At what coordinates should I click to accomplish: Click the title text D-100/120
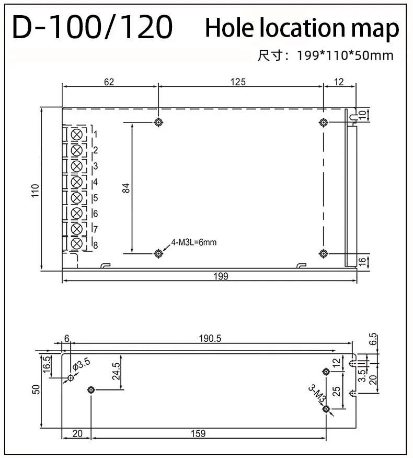pos(92,27)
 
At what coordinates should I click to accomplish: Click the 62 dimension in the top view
pos(109,82)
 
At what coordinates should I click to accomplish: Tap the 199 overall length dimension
pos(221,276)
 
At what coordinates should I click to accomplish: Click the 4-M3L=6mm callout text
pos(193,242)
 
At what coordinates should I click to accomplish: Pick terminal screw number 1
pos(76,134)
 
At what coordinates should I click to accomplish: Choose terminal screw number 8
pos(76,243)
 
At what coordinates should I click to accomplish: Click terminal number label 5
pos(95,198)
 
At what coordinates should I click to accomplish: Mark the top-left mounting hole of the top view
pos(158,122)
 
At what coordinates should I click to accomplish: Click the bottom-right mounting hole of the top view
pos(323,253)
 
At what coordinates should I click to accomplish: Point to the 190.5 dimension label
pos(210,339)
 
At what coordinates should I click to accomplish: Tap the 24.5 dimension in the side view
pos(116,371)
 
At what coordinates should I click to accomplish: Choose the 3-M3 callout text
pos(316,395)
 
